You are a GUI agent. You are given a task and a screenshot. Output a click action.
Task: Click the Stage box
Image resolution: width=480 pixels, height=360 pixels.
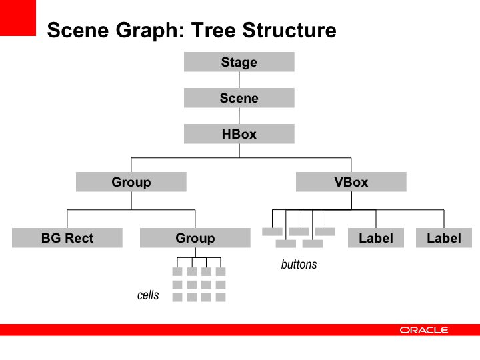click(x=239, y=62)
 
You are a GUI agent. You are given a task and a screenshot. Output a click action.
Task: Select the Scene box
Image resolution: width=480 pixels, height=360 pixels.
click(x=239, y=98)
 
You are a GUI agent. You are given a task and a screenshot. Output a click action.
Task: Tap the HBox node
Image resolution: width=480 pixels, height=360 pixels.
click(x=239, y=134)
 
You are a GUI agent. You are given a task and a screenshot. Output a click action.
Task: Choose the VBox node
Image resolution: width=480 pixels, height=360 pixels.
click(x=351, y=182)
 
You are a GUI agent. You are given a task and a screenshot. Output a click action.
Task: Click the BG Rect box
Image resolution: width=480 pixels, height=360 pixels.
click(x=67, y=238)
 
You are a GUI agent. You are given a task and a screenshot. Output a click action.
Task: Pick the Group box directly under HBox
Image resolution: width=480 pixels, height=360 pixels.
click(x=131, y=182)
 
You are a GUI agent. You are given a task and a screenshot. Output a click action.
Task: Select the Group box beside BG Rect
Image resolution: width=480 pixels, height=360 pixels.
click(x=195, y=238)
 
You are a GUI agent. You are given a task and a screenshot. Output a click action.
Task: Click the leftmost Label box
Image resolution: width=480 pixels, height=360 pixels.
click(x=376, y=238)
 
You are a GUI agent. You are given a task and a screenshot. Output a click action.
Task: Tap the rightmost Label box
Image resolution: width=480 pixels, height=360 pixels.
click(x=444, y=238)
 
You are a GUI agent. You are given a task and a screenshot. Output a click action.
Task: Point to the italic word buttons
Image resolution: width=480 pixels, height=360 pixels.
click(x=299, y=265)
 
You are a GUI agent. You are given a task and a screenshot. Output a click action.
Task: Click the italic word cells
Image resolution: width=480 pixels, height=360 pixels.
click(x=148, y=295)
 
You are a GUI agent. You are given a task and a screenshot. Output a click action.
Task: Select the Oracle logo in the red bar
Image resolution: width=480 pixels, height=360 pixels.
click(x=424, y=330)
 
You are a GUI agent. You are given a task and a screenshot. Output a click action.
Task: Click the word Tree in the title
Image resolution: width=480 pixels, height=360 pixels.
click(x=214, y=30)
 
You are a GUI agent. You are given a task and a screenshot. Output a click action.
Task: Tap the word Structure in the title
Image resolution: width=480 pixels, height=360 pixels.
click(x=289, y=30)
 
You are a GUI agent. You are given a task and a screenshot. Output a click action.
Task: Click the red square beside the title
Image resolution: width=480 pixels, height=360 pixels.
click(x=18, y=18)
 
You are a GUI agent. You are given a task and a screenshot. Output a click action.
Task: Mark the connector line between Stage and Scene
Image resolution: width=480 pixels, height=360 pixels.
click(x=239, y=80)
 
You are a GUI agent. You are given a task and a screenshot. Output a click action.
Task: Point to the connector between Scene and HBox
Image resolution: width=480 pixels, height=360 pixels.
click(x=239, y=116)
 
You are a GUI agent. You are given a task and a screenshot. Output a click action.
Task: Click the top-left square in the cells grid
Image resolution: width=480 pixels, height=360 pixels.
click(x=177, y=271)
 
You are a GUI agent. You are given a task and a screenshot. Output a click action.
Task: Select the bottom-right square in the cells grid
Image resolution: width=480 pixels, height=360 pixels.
click(x=221, y=297)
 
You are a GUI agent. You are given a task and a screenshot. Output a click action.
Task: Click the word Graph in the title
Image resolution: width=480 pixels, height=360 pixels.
click(x=150, y=31)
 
